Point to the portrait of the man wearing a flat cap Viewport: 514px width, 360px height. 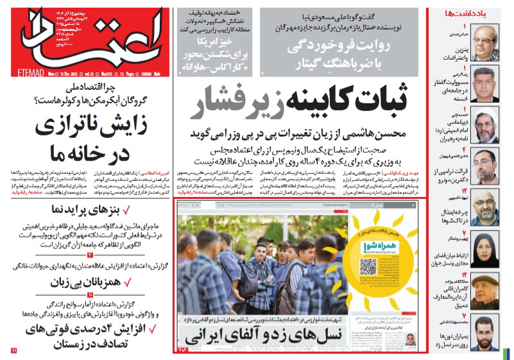click(x=486, y=291)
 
